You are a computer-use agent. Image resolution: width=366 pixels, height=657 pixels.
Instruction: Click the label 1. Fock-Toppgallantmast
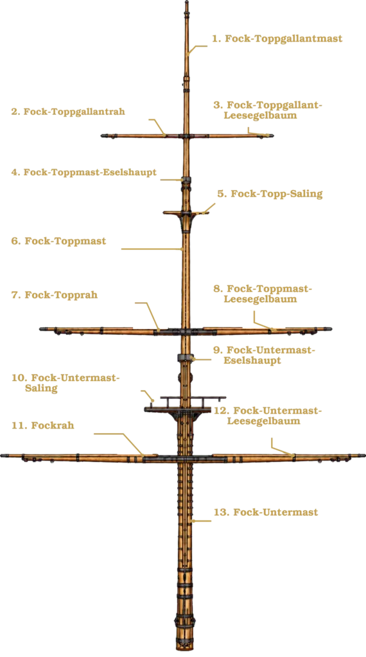(x=277, y=38)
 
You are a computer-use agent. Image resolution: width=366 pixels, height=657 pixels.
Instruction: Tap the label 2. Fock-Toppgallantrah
(x=68, y=112)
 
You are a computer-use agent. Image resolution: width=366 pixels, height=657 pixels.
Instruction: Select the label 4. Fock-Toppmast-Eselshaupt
(x=84, y=172)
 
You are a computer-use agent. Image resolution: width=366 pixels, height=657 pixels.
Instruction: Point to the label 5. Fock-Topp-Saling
(x=270, y=194)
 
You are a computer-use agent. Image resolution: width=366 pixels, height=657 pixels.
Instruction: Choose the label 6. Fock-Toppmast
(x=58, y=241)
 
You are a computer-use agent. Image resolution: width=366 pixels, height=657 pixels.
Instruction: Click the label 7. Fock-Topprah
(x=55, y=294)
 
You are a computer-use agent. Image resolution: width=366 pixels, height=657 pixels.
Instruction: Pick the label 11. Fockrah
(x=43, y=425)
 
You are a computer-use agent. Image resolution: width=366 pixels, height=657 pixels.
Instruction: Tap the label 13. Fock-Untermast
(x=265, y=512)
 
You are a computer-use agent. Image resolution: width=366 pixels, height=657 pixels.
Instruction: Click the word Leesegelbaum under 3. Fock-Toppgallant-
(x=260, y=115)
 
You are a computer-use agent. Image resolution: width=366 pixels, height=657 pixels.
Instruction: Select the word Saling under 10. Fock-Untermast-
(x=41, y=388)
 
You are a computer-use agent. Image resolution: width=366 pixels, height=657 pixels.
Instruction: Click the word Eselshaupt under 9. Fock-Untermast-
(x=252, y=361)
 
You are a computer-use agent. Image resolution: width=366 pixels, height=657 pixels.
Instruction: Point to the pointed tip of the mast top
(x=187, y=1)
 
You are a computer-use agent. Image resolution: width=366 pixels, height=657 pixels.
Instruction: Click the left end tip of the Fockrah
(x=2, y=456)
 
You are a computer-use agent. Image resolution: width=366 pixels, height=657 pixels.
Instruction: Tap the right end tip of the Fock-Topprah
(x=331, y=329)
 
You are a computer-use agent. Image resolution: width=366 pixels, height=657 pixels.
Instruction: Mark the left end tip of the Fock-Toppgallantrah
(x=102, y=136)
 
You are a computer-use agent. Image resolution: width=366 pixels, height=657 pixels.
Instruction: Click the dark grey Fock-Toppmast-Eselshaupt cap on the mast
(x=186, y=180)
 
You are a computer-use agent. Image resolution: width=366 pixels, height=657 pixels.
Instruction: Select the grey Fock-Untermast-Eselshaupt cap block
(x=184, y=357)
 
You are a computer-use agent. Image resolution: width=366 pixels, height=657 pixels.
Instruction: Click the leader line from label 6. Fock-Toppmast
(x=152, y=249)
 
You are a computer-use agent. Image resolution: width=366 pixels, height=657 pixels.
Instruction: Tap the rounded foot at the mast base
(x=185, y=648)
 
